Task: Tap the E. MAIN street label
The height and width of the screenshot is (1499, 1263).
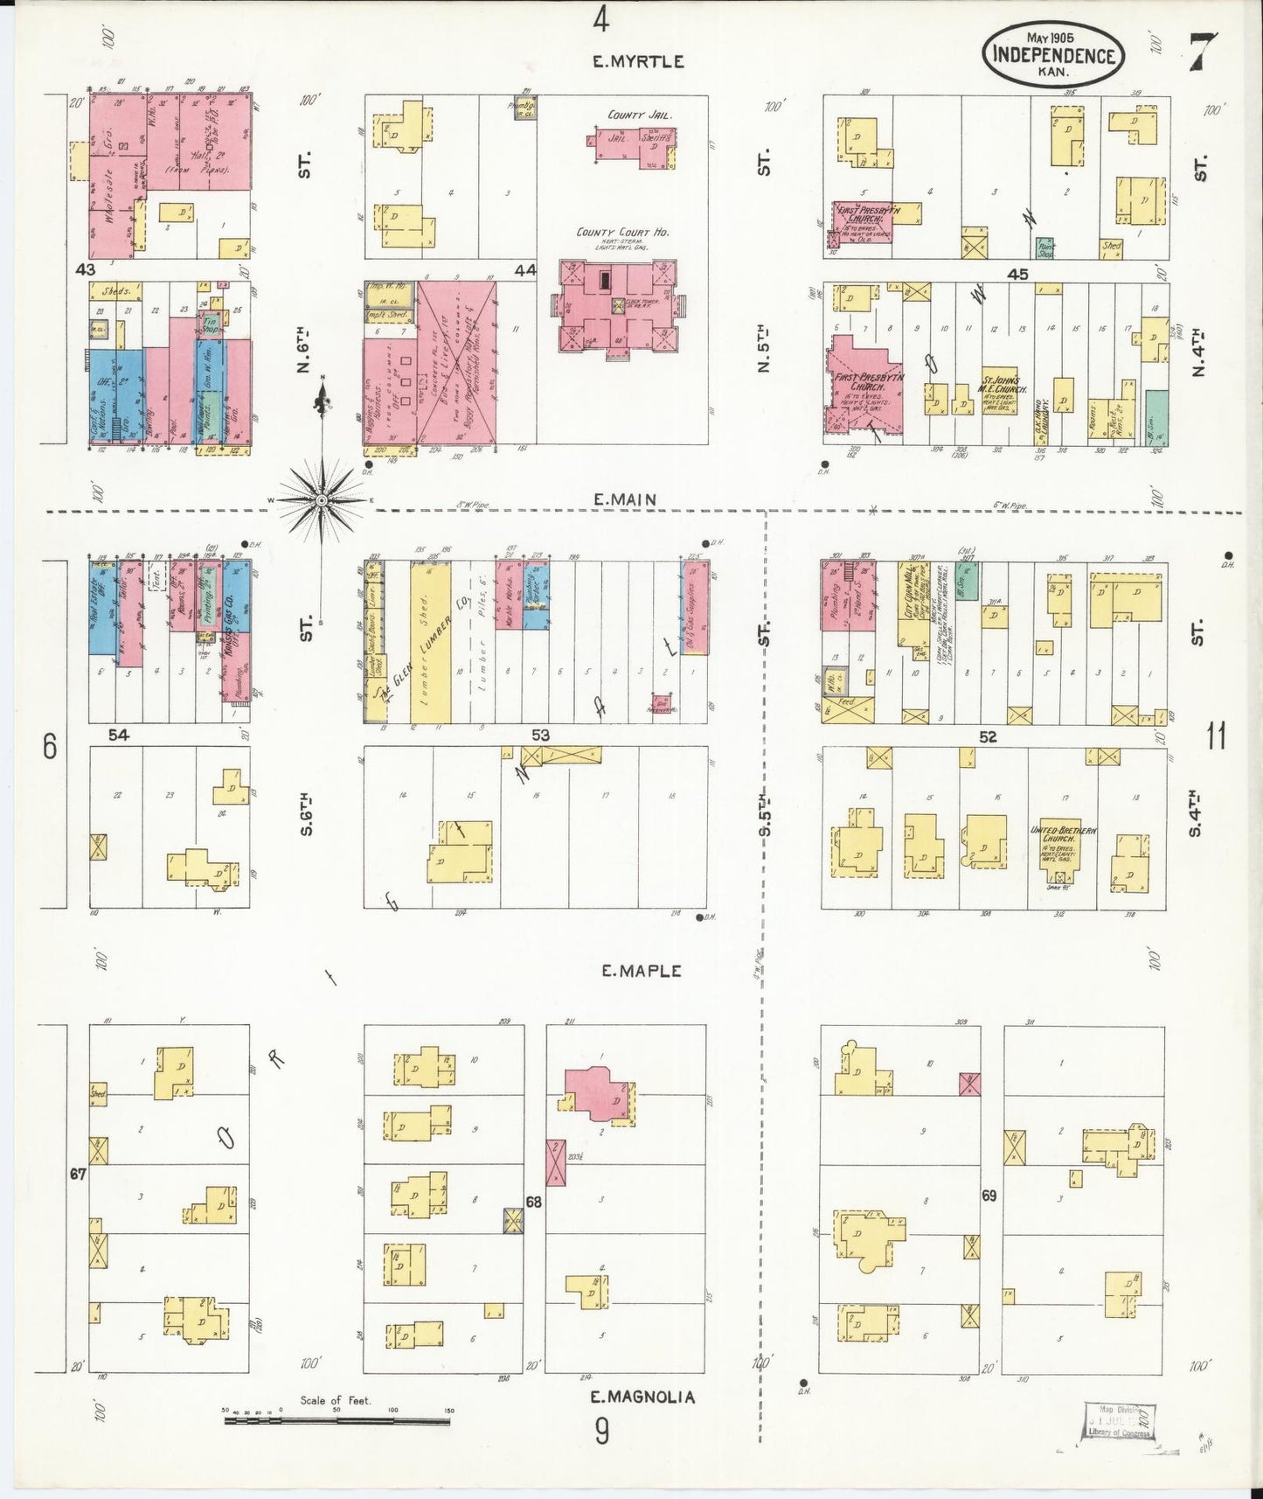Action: [x=625, y=499]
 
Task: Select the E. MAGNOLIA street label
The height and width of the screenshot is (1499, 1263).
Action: [x=642, y=1397]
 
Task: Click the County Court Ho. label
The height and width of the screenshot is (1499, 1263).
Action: [x=622, y=233]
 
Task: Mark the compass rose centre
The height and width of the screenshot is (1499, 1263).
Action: [x=322, y=499]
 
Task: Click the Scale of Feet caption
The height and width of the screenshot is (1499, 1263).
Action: [x=335, y=1400]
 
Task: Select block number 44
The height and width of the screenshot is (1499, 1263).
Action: [x=524, y=271]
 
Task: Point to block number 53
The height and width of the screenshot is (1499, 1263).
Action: [x=540, y=736]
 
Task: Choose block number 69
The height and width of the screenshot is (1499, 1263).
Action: [x=989, y=1196]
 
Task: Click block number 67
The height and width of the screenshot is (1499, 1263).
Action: [x=79, y=1174]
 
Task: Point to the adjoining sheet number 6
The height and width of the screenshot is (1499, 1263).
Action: [x=50, y=748]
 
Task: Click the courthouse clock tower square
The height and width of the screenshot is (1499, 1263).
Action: [x=620, y=305]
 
